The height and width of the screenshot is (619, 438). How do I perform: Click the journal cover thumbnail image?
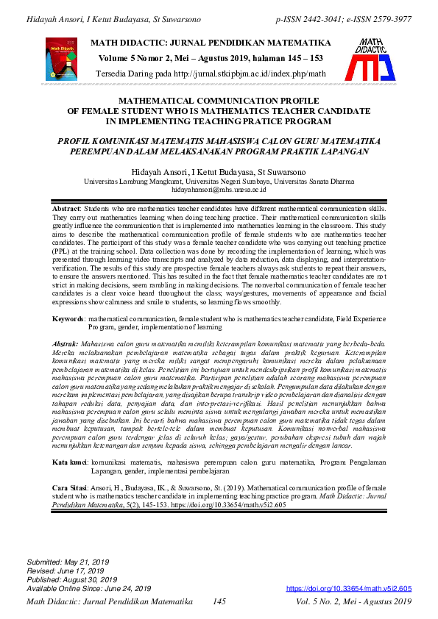pyautogui.click(x=61, y=59)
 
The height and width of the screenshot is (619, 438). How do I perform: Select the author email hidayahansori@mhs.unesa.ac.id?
pyautogui.click(x=219, y=188)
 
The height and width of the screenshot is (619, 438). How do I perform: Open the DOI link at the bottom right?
pyautogui.click(x=348, y=589)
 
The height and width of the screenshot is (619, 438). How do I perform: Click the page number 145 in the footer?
pyautogui.click(x=219, y=602)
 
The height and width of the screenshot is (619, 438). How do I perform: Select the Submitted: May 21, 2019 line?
pyautogui.click(x=66, y=562)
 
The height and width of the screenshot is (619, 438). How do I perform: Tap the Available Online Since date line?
pyautogui.click(x=88, y=588)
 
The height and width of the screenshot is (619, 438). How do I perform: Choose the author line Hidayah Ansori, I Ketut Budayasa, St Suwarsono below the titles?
pyautogui.click(x=219, y=171)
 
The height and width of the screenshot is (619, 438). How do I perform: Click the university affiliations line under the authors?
pyautogui.click(x=219, y=180)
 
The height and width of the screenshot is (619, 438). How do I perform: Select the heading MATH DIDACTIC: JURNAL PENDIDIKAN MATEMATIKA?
pyautogui.click(x=210, y=43)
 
